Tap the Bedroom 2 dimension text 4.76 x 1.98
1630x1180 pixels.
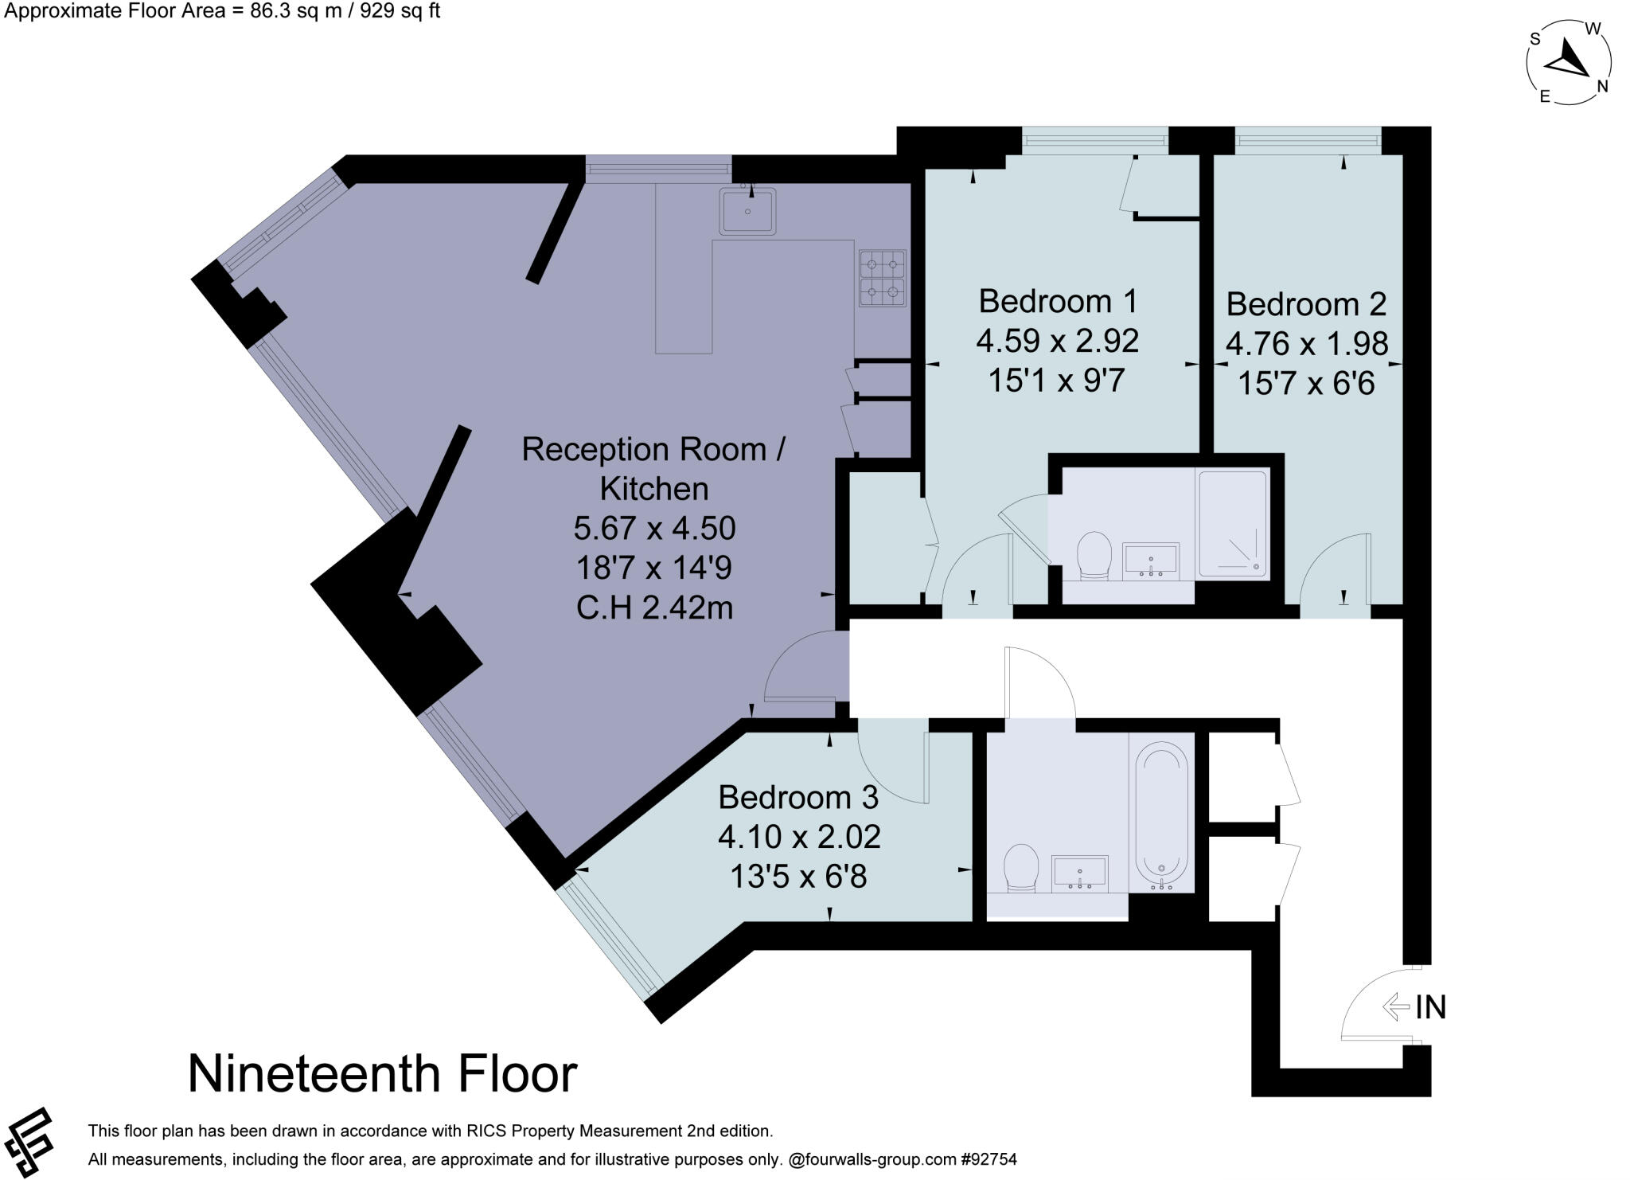coord(1306,344)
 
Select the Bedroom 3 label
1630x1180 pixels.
coord(797,797)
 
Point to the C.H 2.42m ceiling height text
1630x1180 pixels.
coord(653,608)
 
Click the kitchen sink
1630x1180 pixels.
coord(747,211)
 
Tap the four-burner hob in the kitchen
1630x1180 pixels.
coord(882,278)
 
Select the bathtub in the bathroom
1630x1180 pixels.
coord(1161,816)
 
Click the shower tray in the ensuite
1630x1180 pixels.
coord(1232,524)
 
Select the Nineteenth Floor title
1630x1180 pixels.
coord(382,1073)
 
